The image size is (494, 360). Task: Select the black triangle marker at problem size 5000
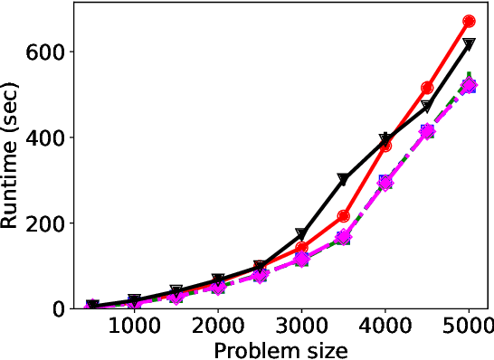(469, 43)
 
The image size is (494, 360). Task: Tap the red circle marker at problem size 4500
(427, 88)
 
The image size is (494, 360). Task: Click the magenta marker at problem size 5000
(469, 86)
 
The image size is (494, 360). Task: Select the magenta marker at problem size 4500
(427, 131)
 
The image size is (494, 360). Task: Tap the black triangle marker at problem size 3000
(302, 235)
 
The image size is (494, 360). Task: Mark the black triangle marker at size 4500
(427, 108)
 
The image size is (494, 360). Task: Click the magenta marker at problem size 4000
(385, 182)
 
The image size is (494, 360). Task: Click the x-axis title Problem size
(280, 349)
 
